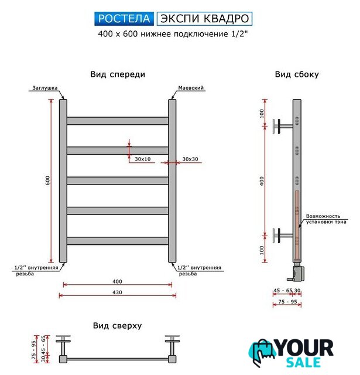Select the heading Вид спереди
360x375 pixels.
[118, 74]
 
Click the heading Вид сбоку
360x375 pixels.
[297, 74]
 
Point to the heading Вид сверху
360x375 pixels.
[117, 326]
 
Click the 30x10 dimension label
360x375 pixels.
[142, 159]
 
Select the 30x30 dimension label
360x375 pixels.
[190, 159]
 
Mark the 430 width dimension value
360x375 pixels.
[118, 291]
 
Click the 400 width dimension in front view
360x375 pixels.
[118, 281]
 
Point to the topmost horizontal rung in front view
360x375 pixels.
[118, 121]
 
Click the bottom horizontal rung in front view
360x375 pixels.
[118, 240]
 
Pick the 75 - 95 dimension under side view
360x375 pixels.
[287, 301]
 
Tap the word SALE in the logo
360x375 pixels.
[310, 363]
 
